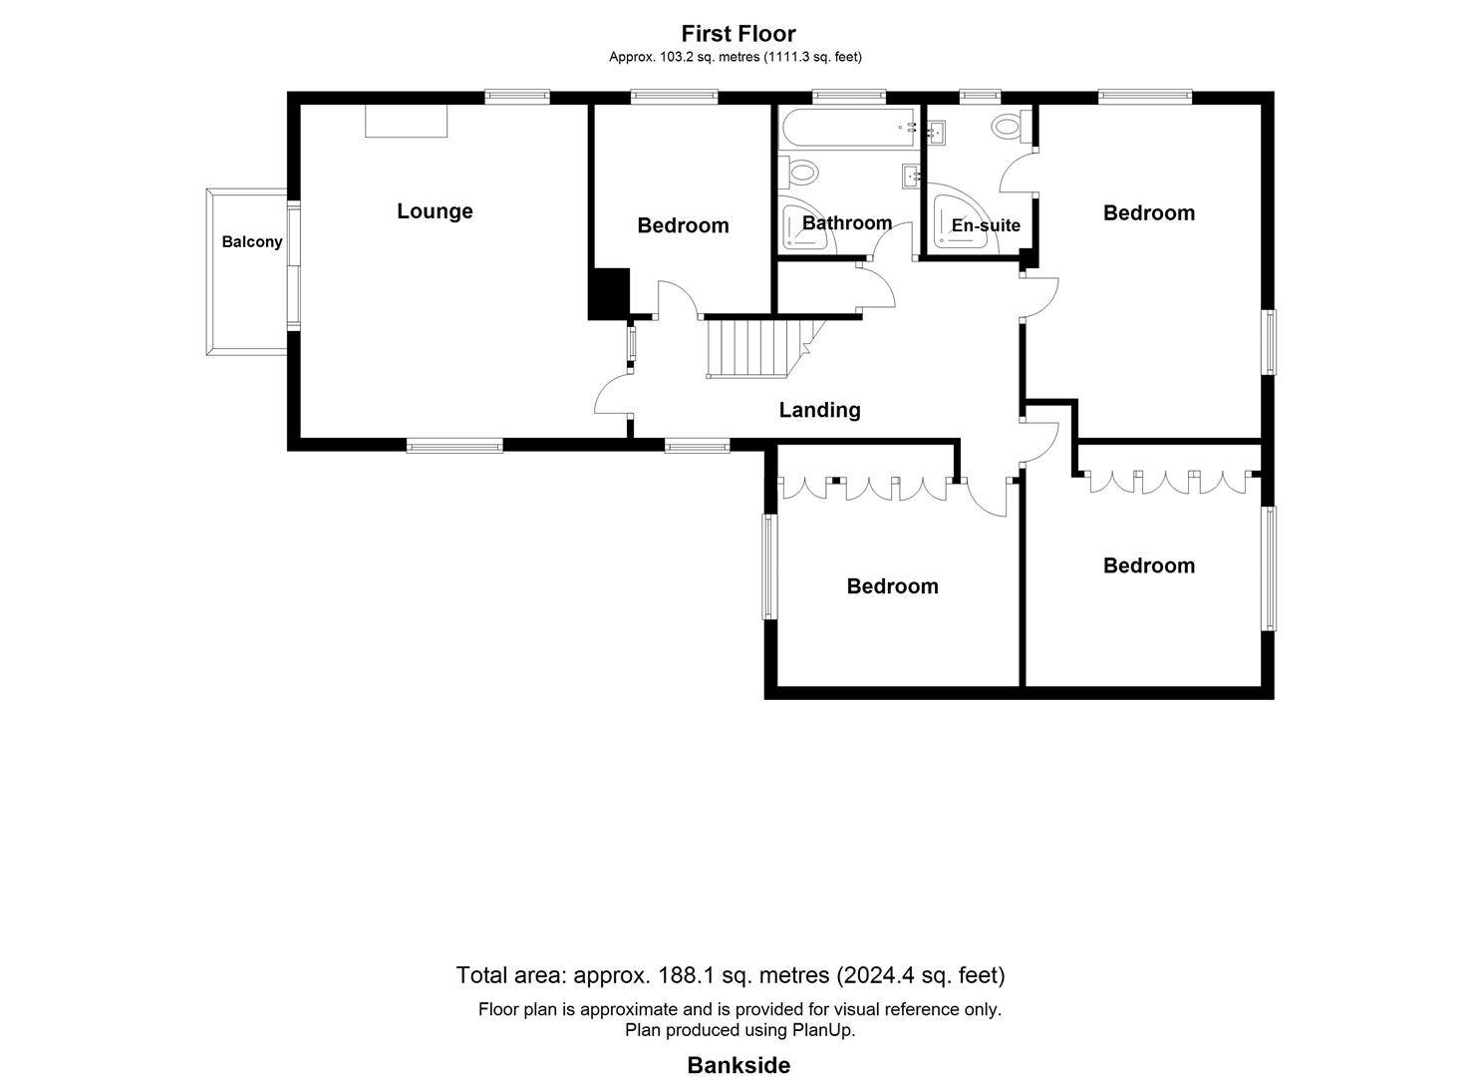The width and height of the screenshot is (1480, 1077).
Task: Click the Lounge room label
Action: pos(435,211)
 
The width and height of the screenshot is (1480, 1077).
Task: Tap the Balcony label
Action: pos(252,242)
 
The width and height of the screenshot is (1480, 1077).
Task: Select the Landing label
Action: pos(819,410)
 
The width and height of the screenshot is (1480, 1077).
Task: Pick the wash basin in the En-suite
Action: pos(936,131)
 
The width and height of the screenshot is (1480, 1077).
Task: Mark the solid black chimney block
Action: pos(609,293)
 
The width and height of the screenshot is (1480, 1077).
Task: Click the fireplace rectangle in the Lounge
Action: pos(406,121)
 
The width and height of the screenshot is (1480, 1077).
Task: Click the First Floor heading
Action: pos(739,34)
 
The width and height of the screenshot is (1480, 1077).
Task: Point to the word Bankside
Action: pos(739,1065)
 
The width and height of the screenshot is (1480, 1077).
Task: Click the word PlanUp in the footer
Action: pos(822,1030)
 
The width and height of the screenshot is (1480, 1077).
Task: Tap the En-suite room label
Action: pos(986,225)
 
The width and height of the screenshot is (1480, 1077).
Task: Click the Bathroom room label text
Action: pos(847,222)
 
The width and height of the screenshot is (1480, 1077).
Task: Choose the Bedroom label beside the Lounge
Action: pos(683,225)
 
